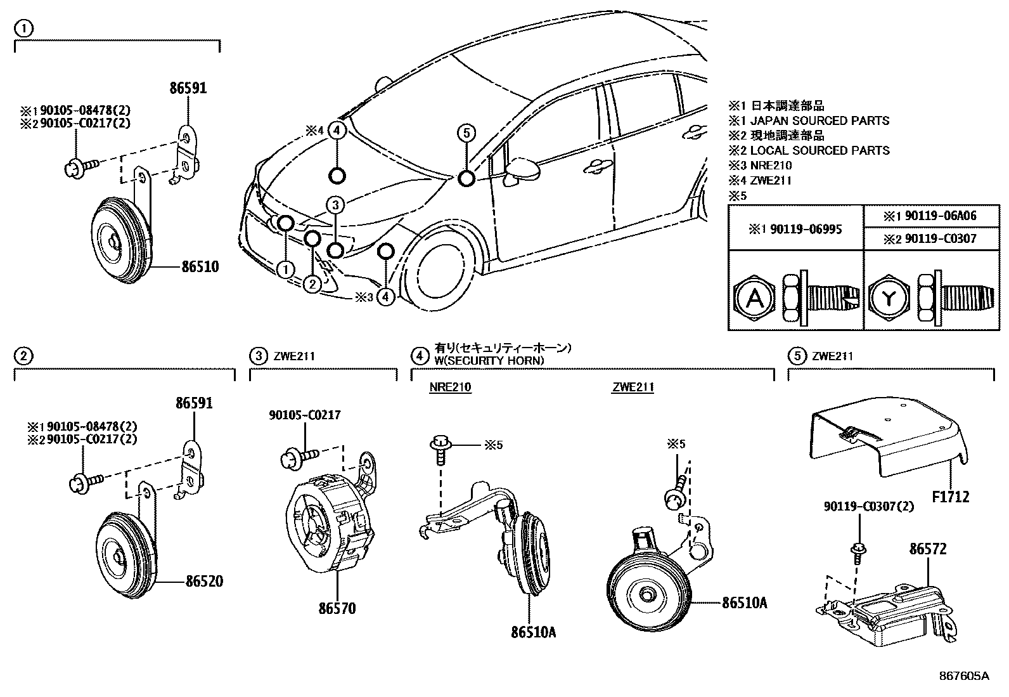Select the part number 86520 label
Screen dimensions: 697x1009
[x=204, y=581]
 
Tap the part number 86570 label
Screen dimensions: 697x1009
[x=337, y=609]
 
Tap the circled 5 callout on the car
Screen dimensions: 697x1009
[x=466, y=133]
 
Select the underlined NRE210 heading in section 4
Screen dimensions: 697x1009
[x=450, y=388]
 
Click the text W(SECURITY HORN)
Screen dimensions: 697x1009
[x=489, y=361]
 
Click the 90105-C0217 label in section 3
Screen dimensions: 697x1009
[x=304, y=415]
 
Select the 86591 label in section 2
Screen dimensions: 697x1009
[x=194, y=403]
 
